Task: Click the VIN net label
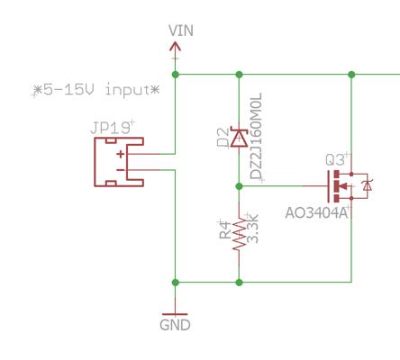click(x=181, y=31)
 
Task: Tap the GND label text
click(x=175, y=325)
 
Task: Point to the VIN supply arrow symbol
click(x=176, y=48)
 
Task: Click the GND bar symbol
click(x=175, y=314)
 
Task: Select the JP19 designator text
click(x=110, y=128)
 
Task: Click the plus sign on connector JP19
click(x=121, y=154)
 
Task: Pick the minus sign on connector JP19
click(x=121, y=170)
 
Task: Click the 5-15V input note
click(x=97, y=90)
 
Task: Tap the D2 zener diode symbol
click(x=239, y=137)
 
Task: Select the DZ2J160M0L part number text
click(x=257, y=136)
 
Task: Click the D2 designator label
click(x=223, y=137)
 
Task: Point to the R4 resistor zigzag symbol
click(x=239, y=235)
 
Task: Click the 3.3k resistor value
click(x=252, y=229)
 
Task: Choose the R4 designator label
click(x=225, y=229)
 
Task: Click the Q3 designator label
click(x=335, y=160)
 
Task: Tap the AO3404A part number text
click(x=317, y=213)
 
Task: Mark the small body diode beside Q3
click(x=367, y=186)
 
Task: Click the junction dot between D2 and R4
click(x=239, y=186)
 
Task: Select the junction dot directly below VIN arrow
click(x=176, y=75)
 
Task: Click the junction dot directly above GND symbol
click(x=176, y=283)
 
